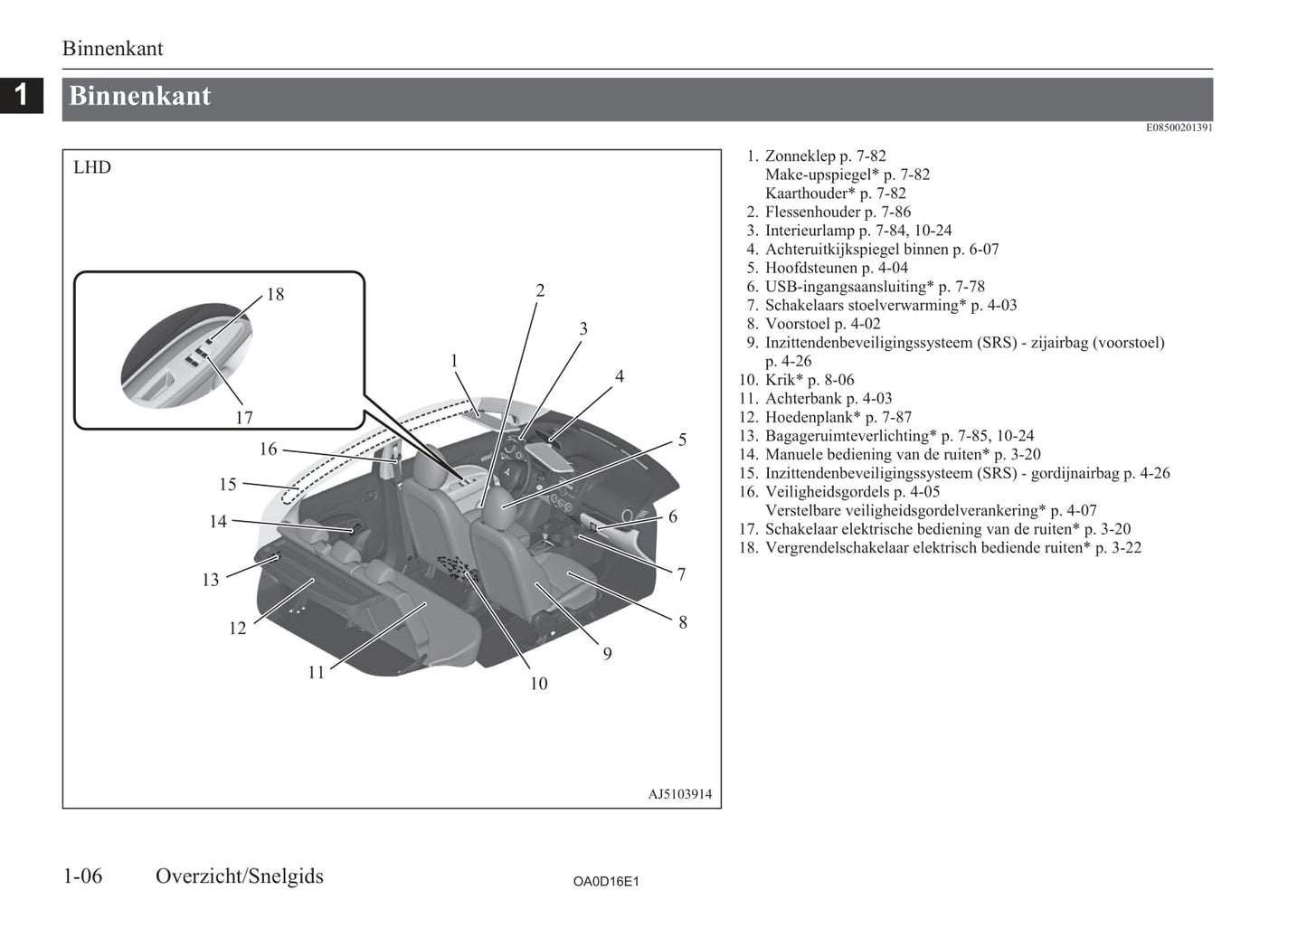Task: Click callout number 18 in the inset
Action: click(x=275, y=294)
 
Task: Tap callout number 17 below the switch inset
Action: click(x=244, y=418)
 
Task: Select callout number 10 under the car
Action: click(x=538, y=684)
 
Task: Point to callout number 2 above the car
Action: click(x=540, y=290)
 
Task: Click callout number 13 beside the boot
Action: click(x=211, y=580)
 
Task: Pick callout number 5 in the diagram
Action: click(x=682, y=440)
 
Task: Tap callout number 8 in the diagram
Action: click(x=683, y=622)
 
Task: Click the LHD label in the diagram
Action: click(x=92, y=167)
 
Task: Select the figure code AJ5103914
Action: click(x=679, y=794)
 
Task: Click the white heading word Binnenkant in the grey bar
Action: click(x=140, y=97)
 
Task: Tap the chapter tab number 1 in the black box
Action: click(x=21, y=94)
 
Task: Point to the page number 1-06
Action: click(x=82, y=876)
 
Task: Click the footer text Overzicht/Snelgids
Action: click(x=240, y=876)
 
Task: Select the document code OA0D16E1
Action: click(x=605, y=881)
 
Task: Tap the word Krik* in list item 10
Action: click(x=784, y=380)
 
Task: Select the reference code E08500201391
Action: click(x=1179, y=128)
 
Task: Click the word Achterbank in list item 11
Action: click(x=803, y=398)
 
